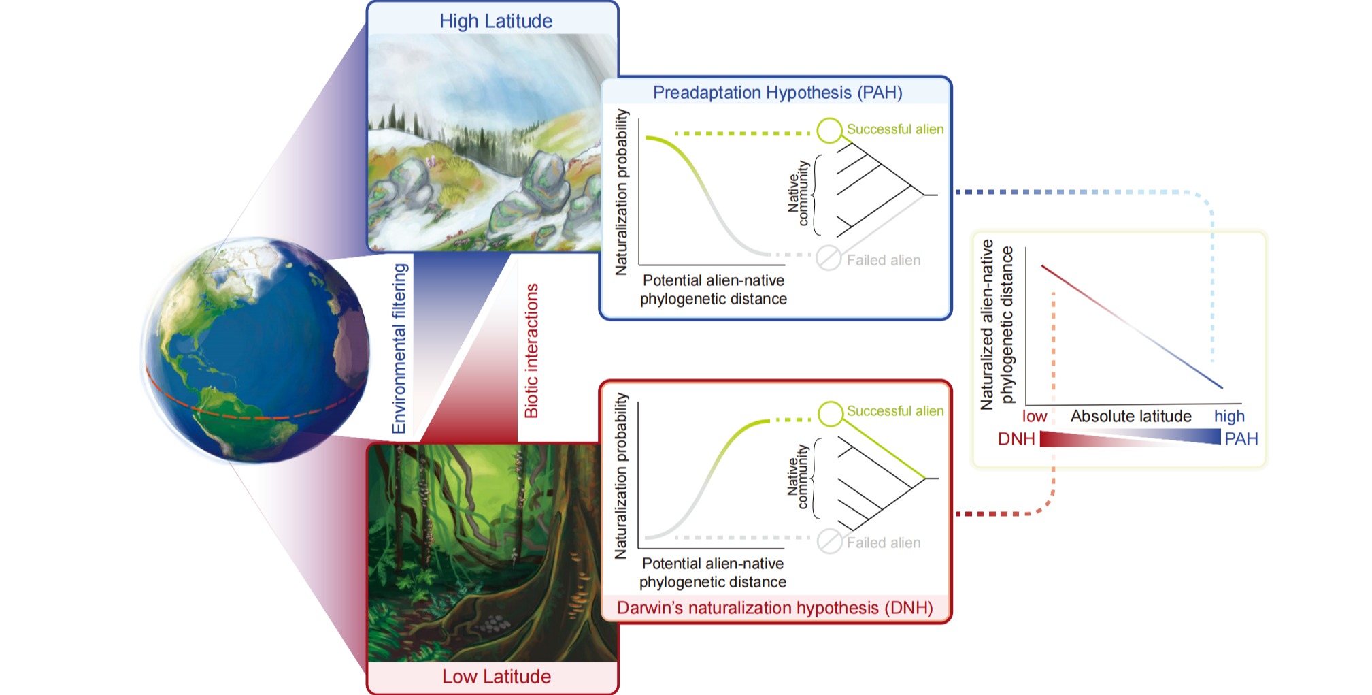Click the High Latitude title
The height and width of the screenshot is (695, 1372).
[x=495, y=21]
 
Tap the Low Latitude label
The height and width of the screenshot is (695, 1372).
[x=496, y=676]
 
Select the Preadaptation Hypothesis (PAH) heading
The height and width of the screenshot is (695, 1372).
[x=777, y=93]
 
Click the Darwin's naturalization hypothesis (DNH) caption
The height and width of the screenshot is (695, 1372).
[x=775, y=607]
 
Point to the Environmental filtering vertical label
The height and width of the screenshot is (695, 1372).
[x=399, y=349]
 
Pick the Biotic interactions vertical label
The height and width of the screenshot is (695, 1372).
[x=531, y=351]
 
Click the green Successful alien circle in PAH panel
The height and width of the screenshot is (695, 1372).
[x=829, y=130]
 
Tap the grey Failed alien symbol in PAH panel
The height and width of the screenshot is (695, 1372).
[x=829, y=258]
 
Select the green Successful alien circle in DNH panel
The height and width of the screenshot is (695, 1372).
[x=831, y=413]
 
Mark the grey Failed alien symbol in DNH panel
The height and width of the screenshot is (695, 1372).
[x=829, y=541]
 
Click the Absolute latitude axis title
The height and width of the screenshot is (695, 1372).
[x=1131, y=416]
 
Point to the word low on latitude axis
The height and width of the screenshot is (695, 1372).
[x=1034, y=416]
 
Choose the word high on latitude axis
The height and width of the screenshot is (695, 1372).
[x=1229, y=416]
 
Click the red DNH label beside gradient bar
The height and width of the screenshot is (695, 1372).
[x=1016, y=439]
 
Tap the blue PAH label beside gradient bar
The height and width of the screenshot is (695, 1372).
[x=1241, y=439]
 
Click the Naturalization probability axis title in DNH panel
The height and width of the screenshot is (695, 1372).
[x=620, y=476]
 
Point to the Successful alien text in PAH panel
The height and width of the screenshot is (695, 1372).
[x=894, y=129]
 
